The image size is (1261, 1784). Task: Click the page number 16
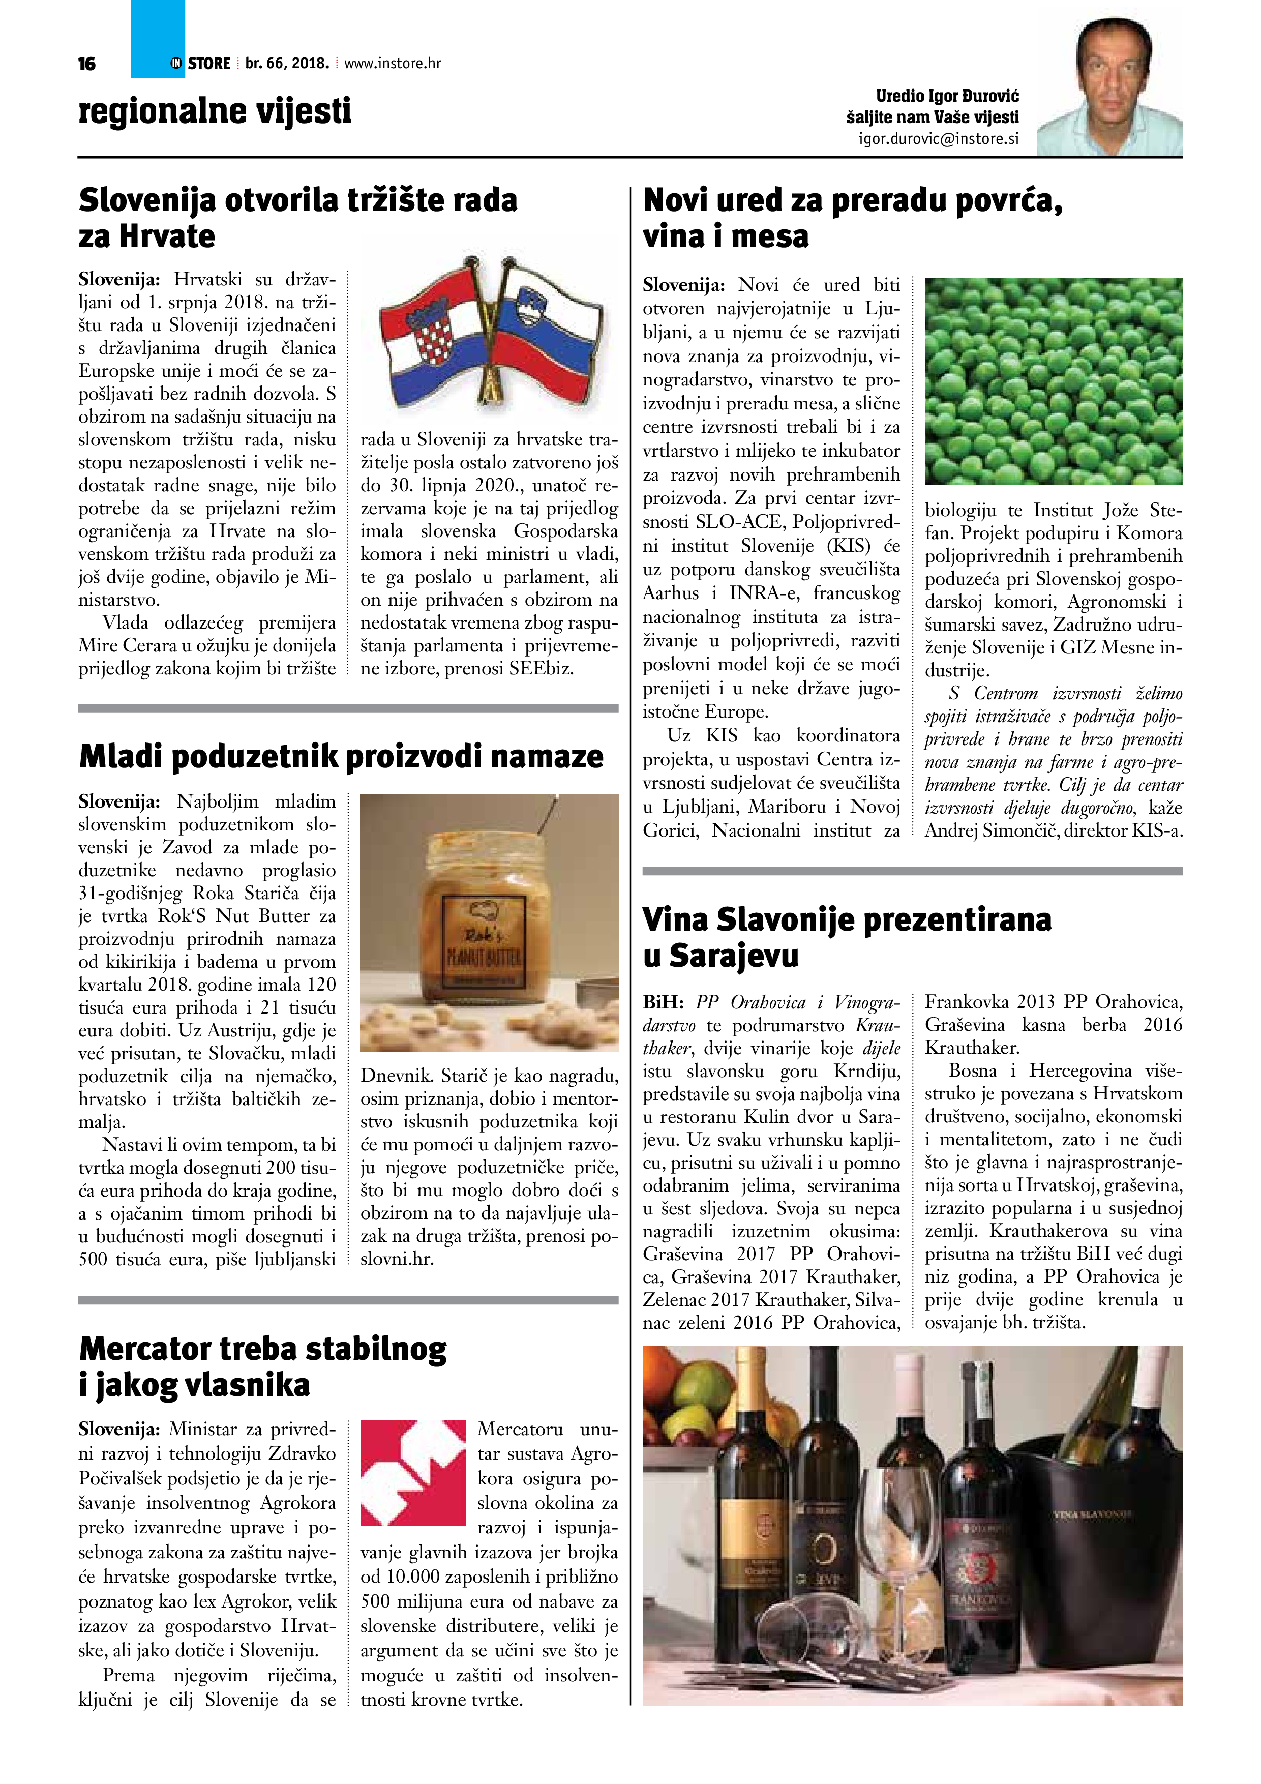click(87, 64)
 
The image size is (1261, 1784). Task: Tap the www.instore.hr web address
click(393, 64)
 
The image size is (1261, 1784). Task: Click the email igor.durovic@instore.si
click(938, 139)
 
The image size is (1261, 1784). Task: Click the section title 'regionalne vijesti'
click(215, 111)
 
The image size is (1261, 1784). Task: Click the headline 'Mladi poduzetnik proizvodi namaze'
click(341, 756)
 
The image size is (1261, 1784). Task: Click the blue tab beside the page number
click(158, 39)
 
